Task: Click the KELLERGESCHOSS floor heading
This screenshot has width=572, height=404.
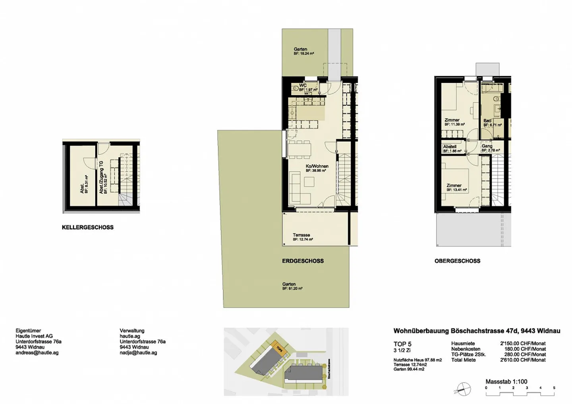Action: [x=87, y=227]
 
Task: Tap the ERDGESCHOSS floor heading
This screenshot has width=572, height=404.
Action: [x=303, y=261]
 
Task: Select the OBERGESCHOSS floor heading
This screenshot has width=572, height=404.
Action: [x=457, y=261]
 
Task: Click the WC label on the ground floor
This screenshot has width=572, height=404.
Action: [x=303, y=85]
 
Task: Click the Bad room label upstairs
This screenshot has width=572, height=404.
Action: [x=487, y=121]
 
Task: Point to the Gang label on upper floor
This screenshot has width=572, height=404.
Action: [x=487, y=146]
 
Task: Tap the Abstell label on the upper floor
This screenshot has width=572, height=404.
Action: [x=450, y=146]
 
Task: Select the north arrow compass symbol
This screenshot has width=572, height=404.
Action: [x=463, y=389]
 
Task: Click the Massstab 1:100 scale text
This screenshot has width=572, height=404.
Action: [x=506, y=381]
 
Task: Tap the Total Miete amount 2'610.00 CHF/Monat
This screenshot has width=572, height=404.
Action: [x=522, y=360]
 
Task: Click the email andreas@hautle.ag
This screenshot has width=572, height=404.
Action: [x=37, y=352]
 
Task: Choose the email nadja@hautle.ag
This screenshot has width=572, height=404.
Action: [x=138, y=352]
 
